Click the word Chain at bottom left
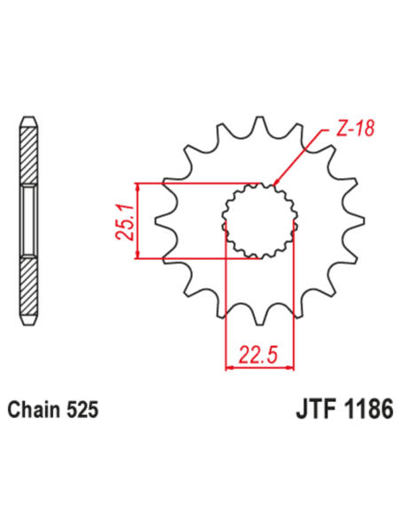[x=33, y=412]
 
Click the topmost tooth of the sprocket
[x=260, y=124]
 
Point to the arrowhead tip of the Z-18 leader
[x=276, y=184]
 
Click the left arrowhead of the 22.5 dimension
[x=230, y=366]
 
